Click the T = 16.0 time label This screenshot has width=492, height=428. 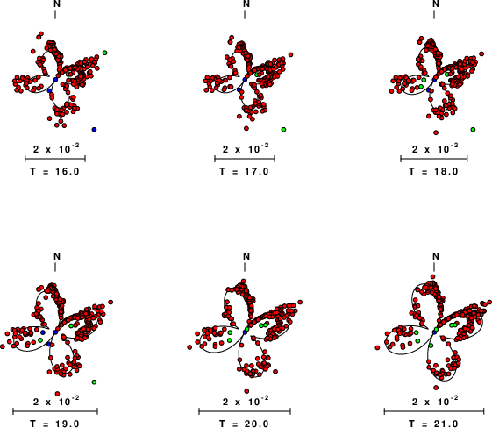[x=55, y=171]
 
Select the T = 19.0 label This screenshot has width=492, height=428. [x=55, y=424]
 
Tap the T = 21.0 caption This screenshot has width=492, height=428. [x=433, y=424]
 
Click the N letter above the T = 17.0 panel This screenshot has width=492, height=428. [x=246, y=4]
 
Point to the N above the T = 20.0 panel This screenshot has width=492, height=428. [x=246, y=256]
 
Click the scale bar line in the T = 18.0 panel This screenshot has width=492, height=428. [x=434, y=159]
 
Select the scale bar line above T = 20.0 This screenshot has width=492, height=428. [x=245, y=411]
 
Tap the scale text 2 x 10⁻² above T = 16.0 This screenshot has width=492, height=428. [x=56, y=148]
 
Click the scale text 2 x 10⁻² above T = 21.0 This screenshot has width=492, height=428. [x=435, y=401]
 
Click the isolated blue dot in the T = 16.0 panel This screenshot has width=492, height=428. [x=94, y=129]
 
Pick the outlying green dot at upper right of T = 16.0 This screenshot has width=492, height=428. [x=104, y=53]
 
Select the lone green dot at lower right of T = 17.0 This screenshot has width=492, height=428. [x=283, y=129]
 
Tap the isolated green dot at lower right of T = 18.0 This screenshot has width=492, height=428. [x=473, y=129]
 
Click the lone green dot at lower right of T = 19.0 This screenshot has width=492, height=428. [x=94, y=382]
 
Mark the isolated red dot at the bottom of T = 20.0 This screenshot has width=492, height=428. [x=246, y=391]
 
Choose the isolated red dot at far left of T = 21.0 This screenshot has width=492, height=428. [x=377, y=347]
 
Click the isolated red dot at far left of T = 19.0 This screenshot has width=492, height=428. [x=3, y=346]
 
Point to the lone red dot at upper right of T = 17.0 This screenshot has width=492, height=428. [x=291, y=55]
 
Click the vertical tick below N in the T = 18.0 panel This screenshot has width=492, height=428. [x=434, y=14]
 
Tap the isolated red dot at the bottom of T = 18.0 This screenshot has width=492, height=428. [x=436, y=132]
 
